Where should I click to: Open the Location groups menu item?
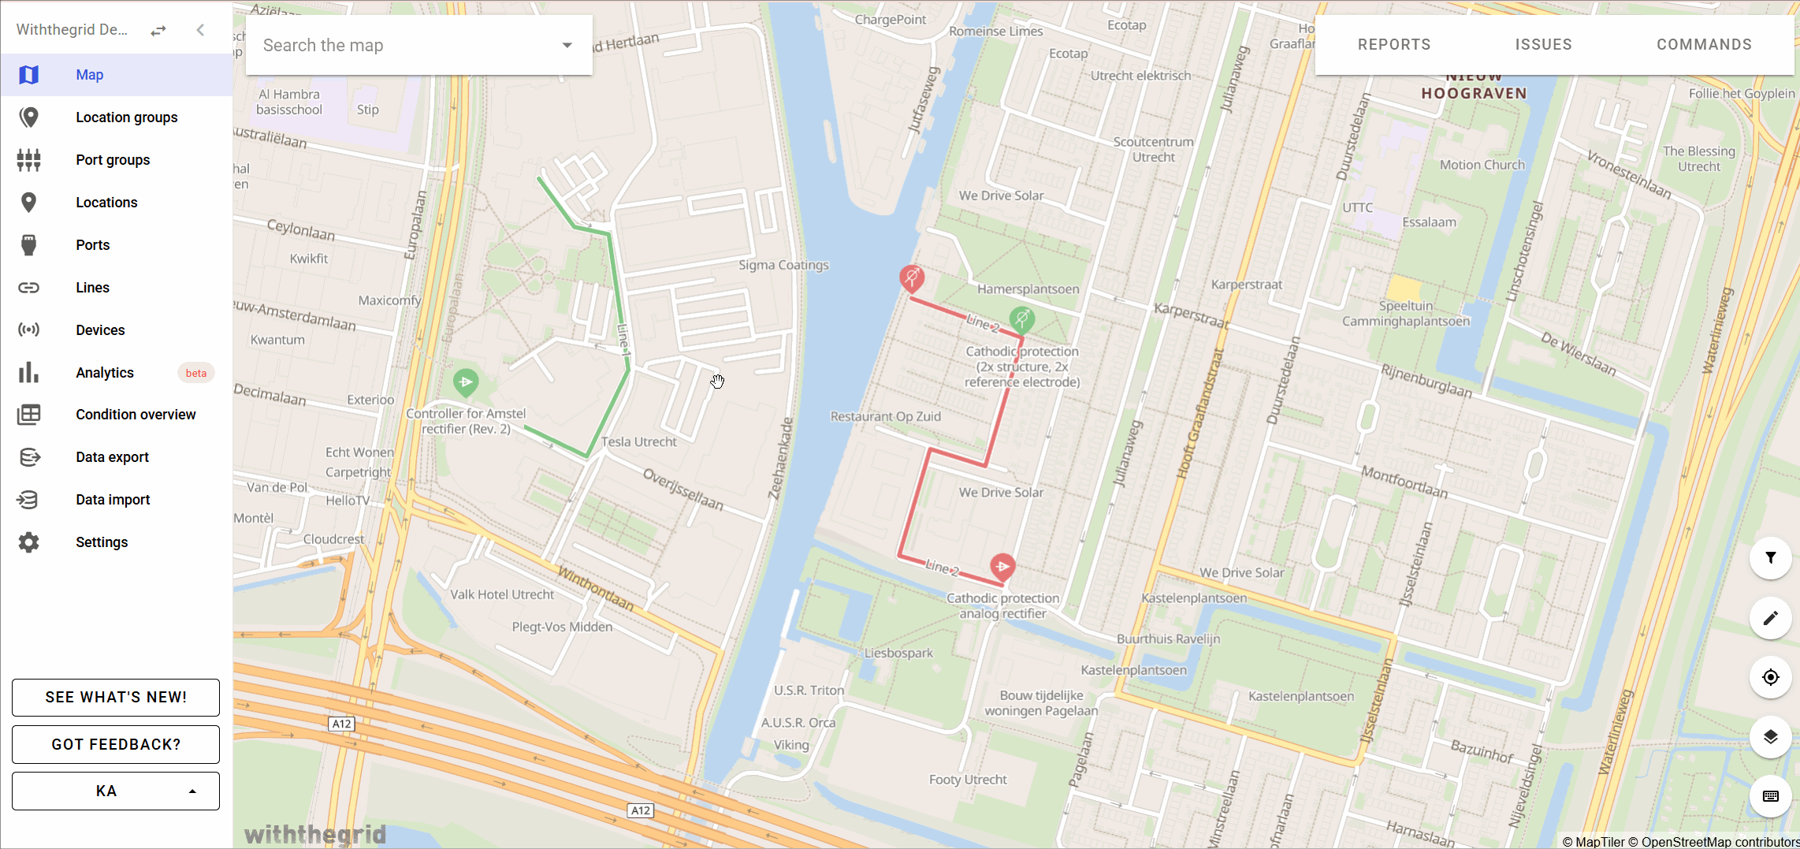click(126, 117)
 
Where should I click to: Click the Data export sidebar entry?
click(112, 457)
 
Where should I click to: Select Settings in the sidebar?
click(101, 542)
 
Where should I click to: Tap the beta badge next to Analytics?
click(195, 373)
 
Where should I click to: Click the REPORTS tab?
click(1393, 45)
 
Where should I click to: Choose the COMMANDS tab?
click(1704, 45)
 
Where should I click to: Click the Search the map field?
click(406, 46)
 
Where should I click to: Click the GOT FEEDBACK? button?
click(116, 744)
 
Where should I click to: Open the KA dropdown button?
click(116, 791)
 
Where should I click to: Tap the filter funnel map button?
click(1770, 558)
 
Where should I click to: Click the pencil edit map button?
click(1770, 618)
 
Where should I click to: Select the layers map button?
click(1770, 737)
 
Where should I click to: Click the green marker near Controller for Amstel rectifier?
click(466, 382)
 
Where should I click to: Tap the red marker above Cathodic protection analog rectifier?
click(1002, 566)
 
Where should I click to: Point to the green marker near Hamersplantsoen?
click(1022, 319)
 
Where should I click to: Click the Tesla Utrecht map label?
click(638, 442)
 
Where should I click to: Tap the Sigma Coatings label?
click(783, 265)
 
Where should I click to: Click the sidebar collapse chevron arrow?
click(200, 30)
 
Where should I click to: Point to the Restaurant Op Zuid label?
click(885, 416)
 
